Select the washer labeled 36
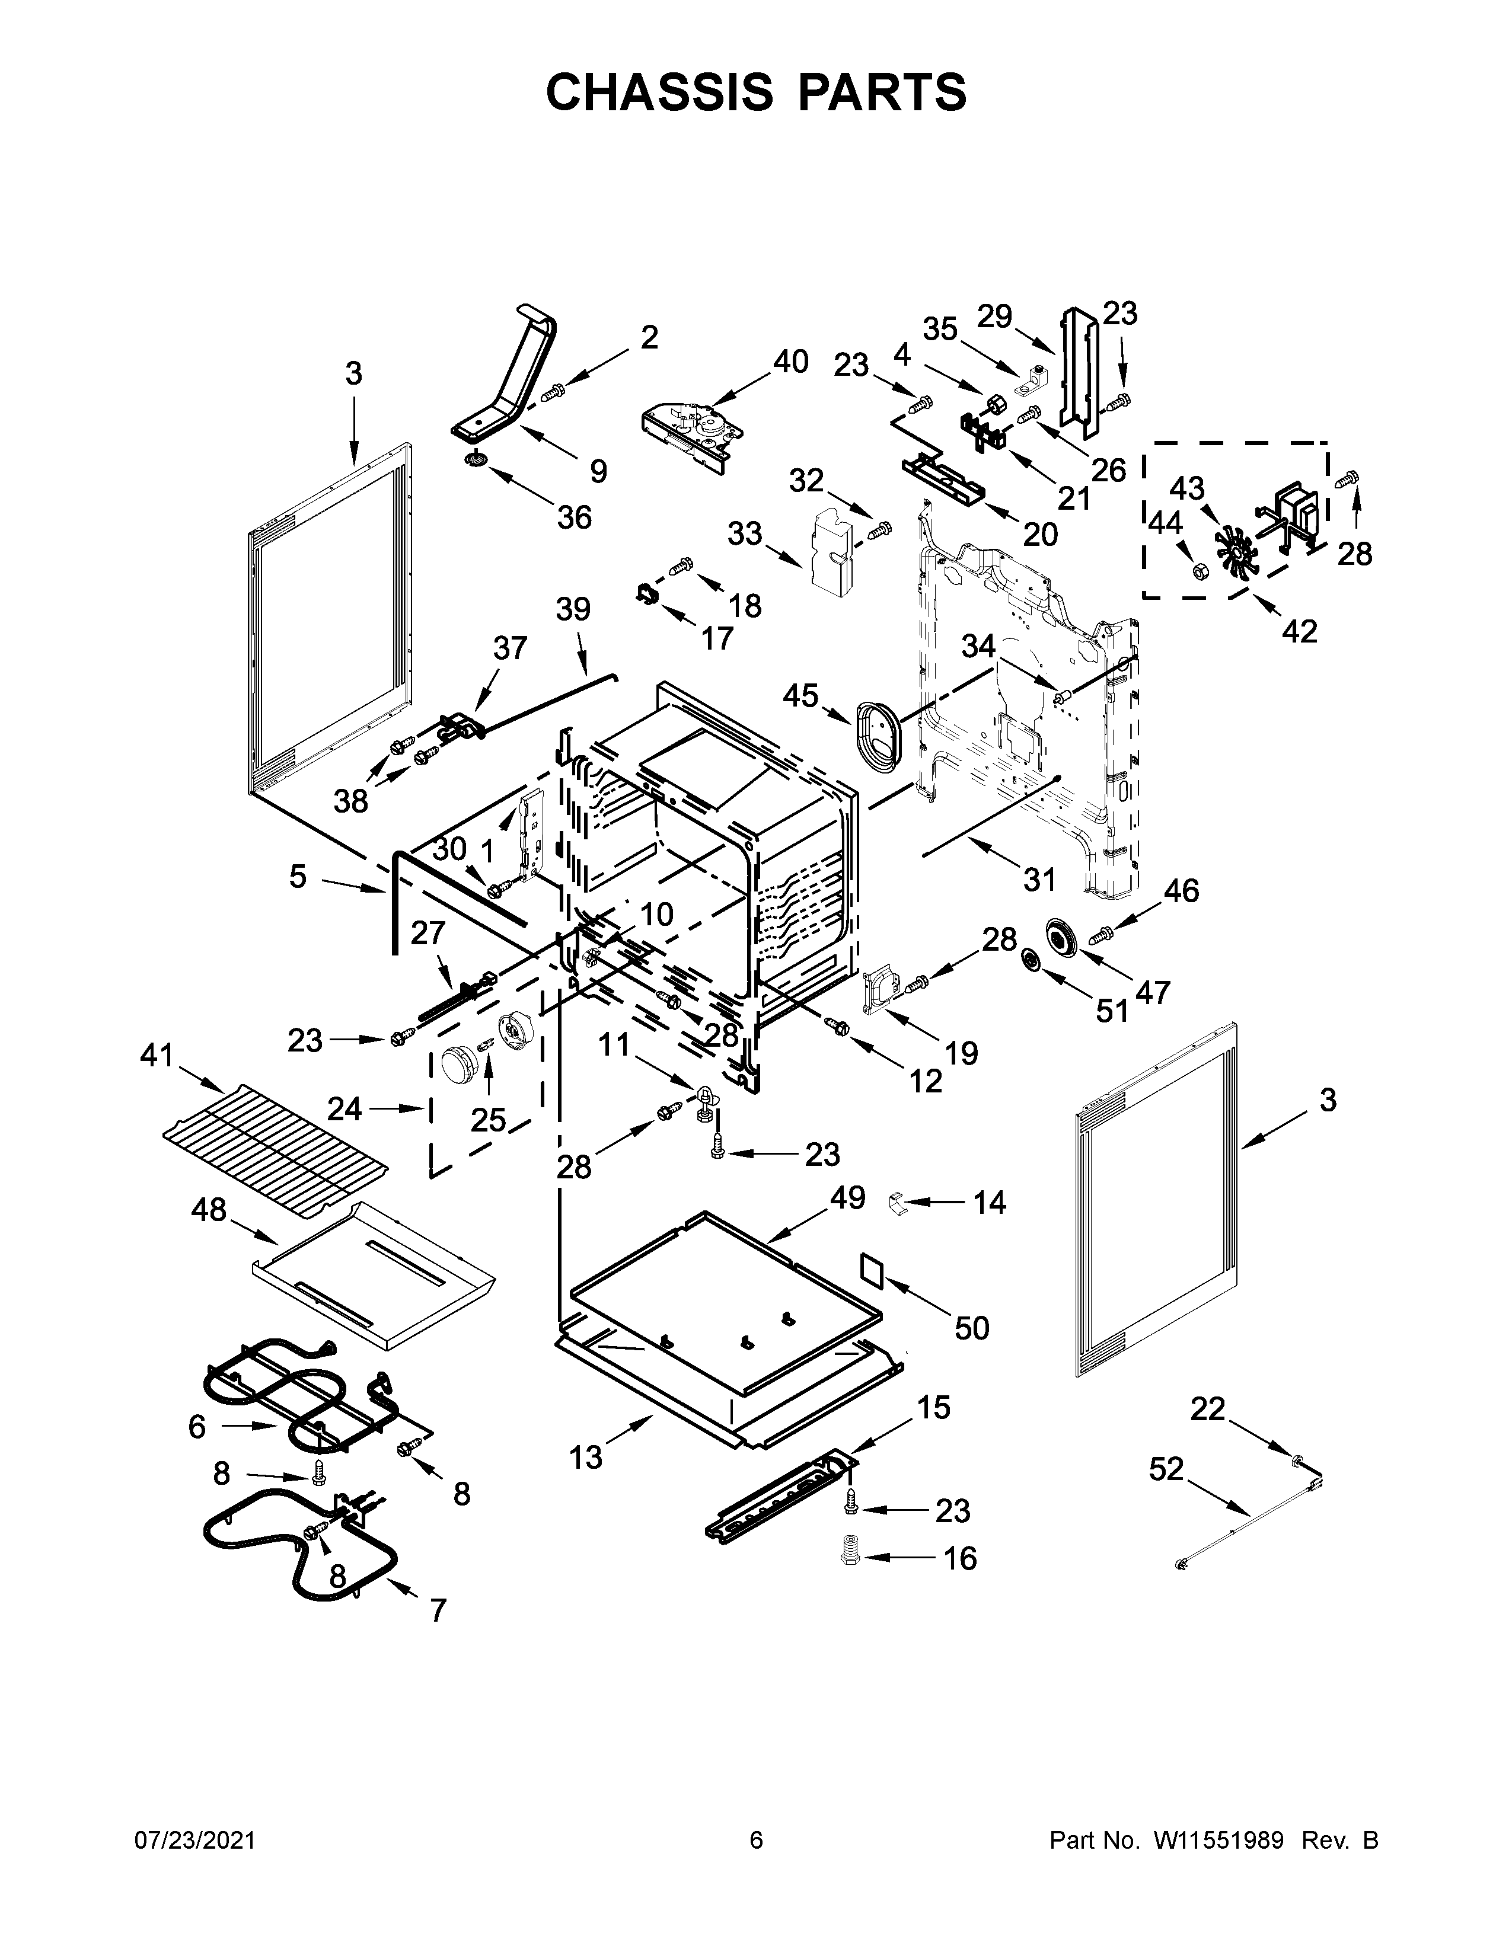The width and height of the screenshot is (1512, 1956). click(x=476, y=461)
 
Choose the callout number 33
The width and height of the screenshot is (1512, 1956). click(x=744, y=534)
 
